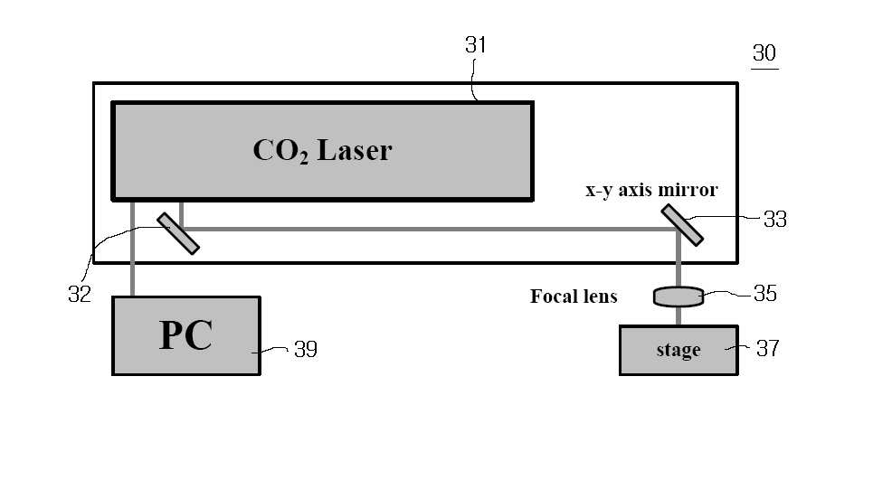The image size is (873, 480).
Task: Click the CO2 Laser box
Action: (323, 151)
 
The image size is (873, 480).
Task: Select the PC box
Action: (186, 336)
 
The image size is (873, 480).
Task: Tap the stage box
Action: (678, 351)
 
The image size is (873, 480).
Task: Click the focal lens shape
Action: (678, 296)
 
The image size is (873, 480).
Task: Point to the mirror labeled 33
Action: (682, 225)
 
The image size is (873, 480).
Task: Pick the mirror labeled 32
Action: (178, 233)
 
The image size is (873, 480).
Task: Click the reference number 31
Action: (476, 45)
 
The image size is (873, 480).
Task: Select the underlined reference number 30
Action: (764, 53)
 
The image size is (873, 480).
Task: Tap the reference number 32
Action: (80, 294)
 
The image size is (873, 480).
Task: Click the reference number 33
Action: (775, 219)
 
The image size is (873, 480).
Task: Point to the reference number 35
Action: (765, 293)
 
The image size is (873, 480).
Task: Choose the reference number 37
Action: (768, 349)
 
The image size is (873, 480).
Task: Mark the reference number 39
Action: (306, 349)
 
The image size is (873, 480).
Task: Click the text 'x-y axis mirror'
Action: (651, 190)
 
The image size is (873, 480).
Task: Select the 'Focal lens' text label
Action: (574, 296)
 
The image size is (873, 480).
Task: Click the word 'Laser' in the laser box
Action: (355, 150)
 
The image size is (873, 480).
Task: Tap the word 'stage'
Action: (678, 351)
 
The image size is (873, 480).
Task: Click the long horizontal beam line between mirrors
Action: (429, 229)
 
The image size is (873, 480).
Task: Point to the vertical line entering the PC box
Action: (132, 249)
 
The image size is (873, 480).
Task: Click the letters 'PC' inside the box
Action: (185, 335)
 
